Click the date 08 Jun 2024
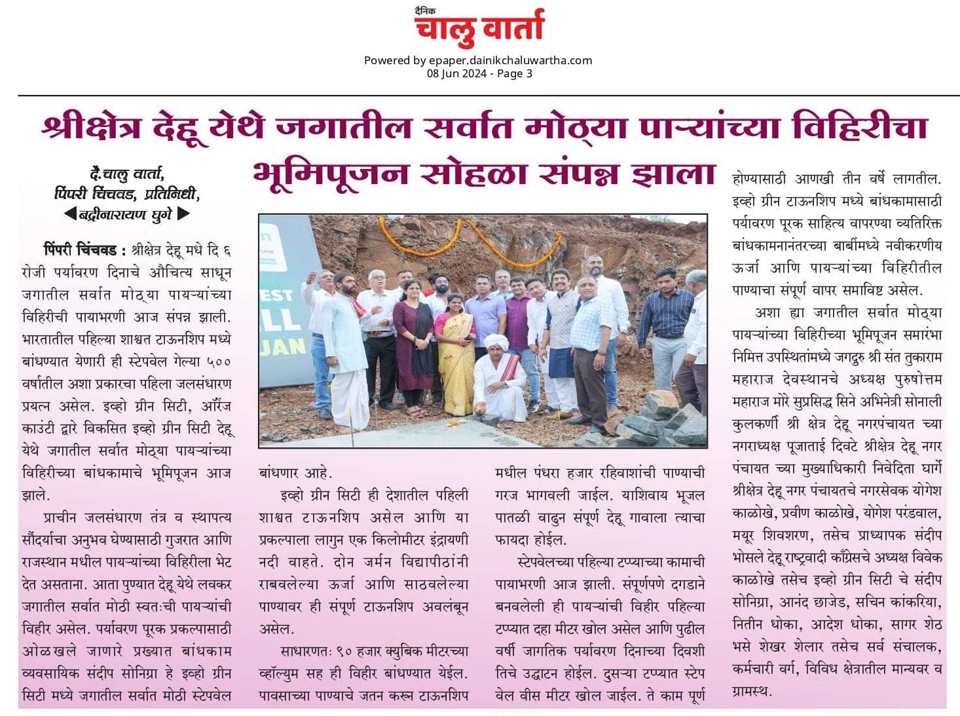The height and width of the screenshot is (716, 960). coord(456,73)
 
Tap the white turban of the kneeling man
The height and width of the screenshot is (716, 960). coord(496,342)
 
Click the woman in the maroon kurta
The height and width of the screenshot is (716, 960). coord(413,341)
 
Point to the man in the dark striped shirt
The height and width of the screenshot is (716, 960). coord(666,321)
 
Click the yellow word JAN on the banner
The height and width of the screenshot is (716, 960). coord(286,346)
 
